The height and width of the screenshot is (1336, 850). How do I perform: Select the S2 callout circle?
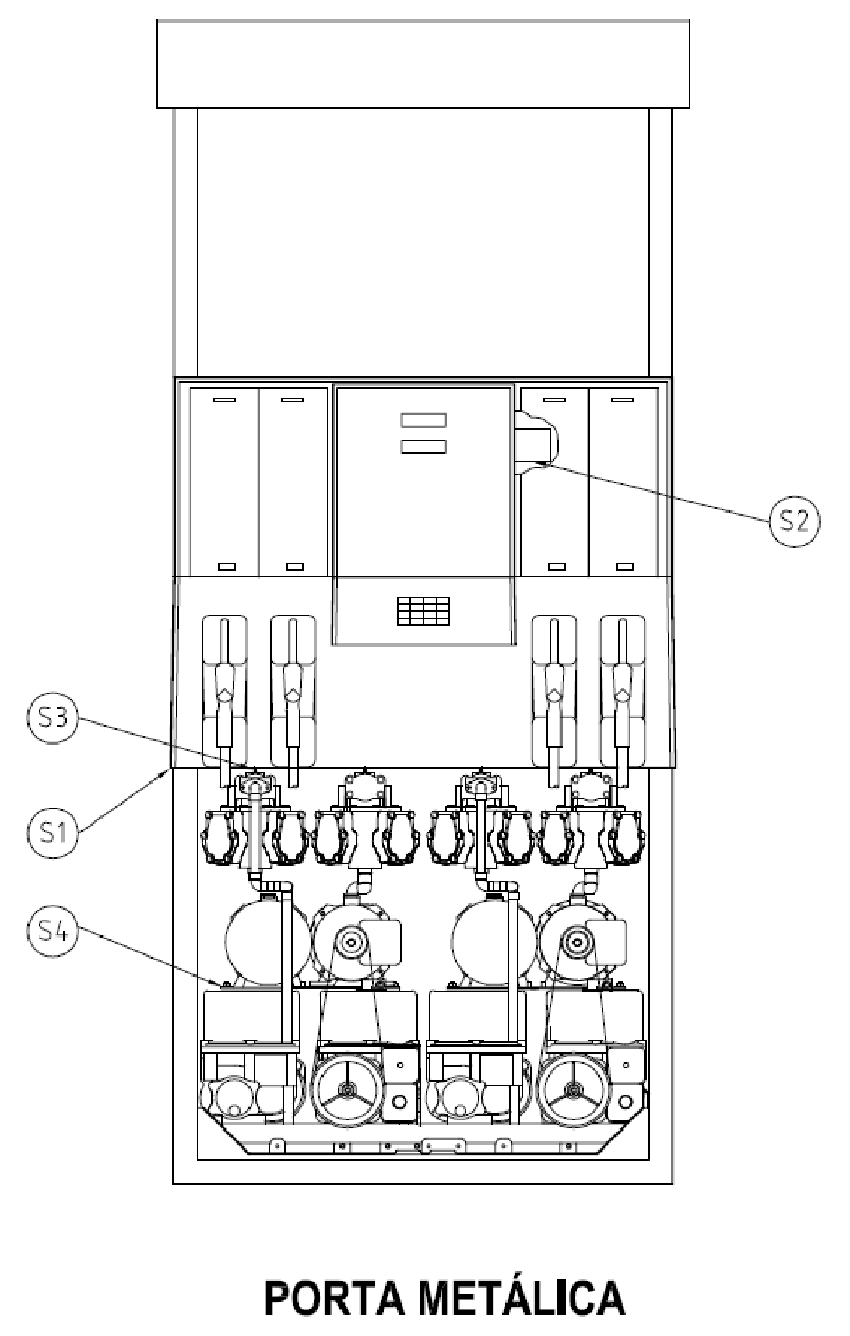pyautogui.click(x=794, y=521)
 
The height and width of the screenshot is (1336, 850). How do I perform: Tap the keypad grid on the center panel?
pyautogui.click(x=423, y=612)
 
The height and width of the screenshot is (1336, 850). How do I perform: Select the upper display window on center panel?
pyautogui.click(x=423, y=420)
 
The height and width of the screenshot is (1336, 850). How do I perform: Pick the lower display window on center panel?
pyautogui.click(x=423, y=447)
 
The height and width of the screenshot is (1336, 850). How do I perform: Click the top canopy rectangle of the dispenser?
pyautogui.click(x=423, y=64)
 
